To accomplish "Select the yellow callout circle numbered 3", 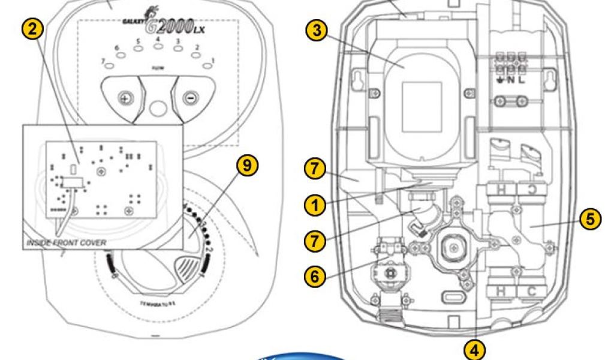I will [317, 31].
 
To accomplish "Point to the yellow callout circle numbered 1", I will [315, 206].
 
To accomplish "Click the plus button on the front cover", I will [125, 98].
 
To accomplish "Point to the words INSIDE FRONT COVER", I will [66, 243].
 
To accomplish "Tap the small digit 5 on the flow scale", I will [138, 41].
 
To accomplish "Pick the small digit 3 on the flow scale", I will [178, 41].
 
